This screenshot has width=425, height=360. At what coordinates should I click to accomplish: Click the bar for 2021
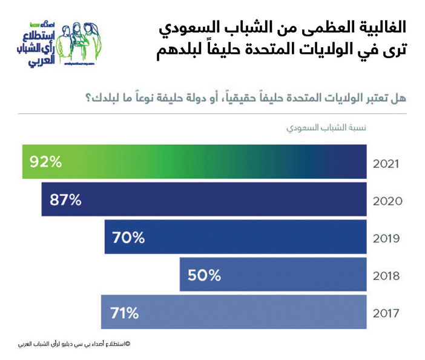pyautogui.click(x=194, y=162)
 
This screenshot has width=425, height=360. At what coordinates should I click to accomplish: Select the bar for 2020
pyautogui.click(x=204, y=199)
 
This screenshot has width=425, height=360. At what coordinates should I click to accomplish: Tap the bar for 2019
pyautogui.click(x=236, y=237)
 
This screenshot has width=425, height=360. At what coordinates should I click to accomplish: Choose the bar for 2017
pyautogui.click(x=234, y=312)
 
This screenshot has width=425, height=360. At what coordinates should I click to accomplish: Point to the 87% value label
pyautogui.click(x=66, y=199)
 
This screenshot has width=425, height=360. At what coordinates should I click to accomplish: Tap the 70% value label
pyautogui.click(x=129, y=238)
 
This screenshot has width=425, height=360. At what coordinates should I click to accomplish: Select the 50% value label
pyautogui.click(x=205, y=275)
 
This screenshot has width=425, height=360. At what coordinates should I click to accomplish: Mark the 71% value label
pyautogui.click(x=125, y=313)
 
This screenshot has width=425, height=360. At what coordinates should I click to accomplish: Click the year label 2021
pyautogui.click(x=386, y=163)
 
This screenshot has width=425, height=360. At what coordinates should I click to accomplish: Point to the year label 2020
pyautogui.click(x=386, y=201)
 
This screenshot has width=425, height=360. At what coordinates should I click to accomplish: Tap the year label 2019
pyautogui.click(x=386, y=238)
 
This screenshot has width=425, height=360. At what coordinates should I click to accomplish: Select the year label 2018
pyautogui.click(x=386, y=276)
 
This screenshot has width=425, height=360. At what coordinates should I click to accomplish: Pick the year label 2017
pyautogui.click(x=386, y=313)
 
